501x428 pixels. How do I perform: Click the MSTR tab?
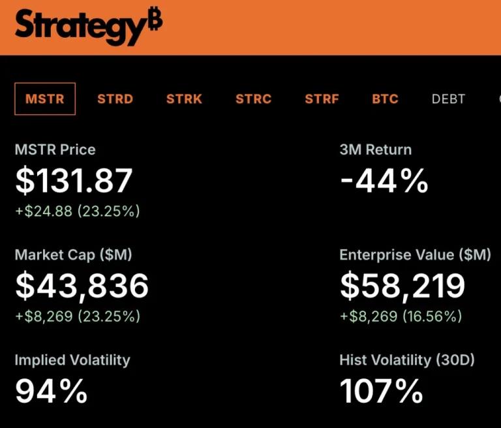45,99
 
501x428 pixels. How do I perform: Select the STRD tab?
115,99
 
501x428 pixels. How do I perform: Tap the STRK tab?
184,99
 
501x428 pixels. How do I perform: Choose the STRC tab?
253,99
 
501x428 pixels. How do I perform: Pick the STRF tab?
322,99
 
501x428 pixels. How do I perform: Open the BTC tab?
385,99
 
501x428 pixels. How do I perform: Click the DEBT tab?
448,99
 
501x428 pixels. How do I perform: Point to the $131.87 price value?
74,181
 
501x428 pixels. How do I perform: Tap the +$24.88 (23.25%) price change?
77,211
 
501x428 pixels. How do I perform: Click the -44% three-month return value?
384,181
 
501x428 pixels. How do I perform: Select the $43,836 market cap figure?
82,286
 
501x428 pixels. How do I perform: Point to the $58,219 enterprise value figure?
402,286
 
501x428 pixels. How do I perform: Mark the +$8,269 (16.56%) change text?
401,316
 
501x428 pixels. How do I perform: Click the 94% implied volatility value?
51,391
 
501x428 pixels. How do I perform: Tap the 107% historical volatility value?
382,391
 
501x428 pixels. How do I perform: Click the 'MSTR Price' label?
55,149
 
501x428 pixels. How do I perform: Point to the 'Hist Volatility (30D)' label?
407,359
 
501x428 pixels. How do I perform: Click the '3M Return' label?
375,149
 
